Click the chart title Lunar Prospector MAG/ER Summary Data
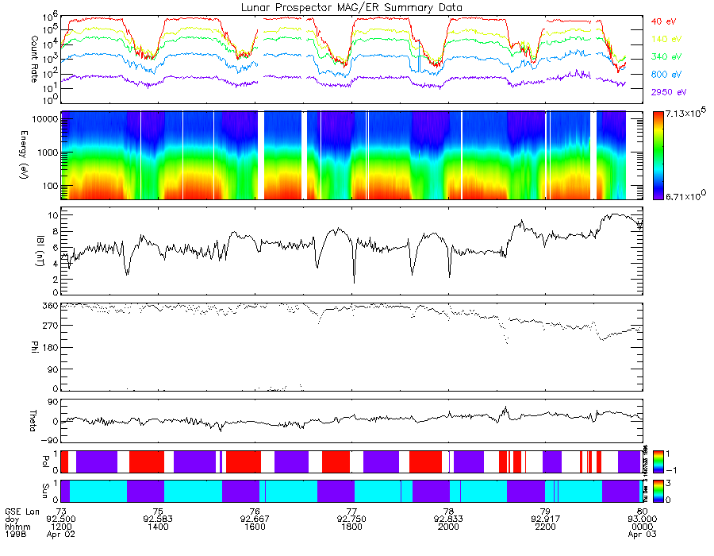pos(351,7)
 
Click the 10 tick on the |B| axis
pos(52,215)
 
